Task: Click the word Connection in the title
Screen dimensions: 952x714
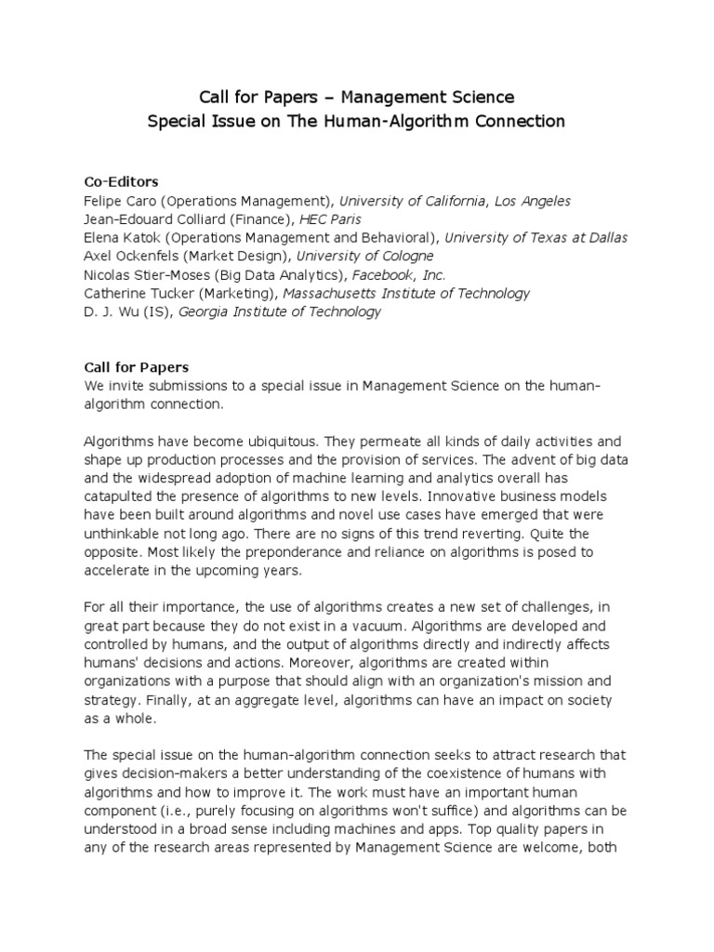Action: [x=517, y=122]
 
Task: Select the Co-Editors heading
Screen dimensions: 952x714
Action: [x=121, y=180]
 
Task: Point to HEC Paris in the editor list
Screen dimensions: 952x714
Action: [x=341, y=219]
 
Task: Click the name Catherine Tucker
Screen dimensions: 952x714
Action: [x=135, y=293]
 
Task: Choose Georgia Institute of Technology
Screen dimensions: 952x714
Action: [x=279, y=311]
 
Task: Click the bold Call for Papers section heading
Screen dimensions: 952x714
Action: [x=136, y=367]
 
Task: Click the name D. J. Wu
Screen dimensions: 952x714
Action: [x=111, y=311]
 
